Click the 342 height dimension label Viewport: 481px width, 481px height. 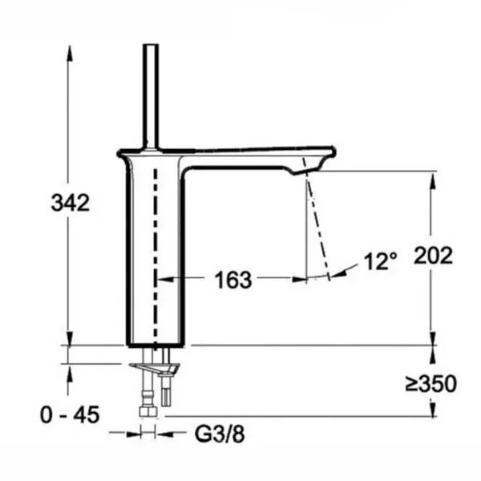pos(71,203)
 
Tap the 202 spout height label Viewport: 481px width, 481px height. pos(433,255)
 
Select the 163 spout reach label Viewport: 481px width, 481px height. pos(233,280)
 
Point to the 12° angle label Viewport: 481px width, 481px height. pos(380,261)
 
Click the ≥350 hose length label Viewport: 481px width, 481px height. pos(431,383)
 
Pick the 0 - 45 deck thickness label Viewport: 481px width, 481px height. pos(70,414)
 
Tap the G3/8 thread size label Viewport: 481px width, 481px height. pos(220,434)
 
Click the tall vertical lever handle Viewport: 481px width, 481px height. pos(151,97)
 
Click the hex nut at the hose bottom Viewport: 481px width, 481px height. pos(148,411)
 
